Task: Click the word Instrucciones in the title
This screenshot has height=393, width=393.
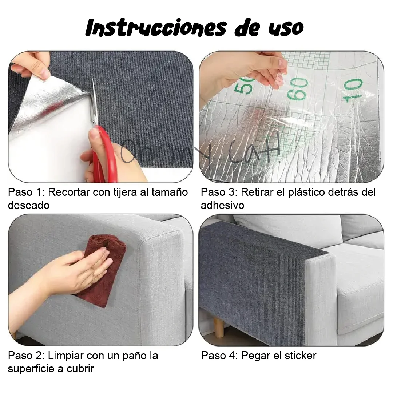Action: [x=156, y=28]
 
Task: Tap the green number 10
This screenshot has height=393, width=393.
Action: [x=353, y=90]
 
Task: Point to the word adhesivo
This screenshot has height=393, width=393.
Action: [x=223, y=205]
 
